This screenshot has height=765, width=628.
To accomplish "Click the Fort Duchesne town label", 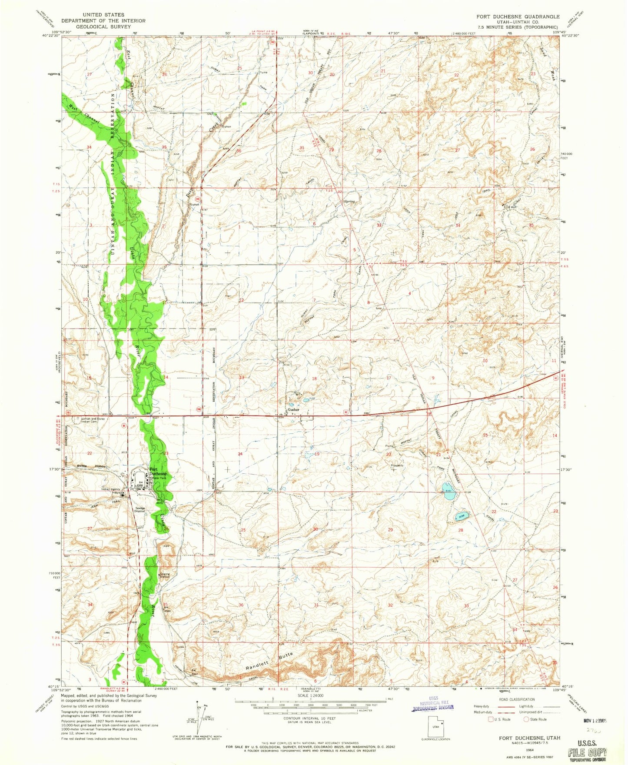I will pyautogui.click(x=158, y=472).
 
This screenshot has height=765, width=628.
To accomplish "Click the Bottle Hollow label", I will pyautogui.click(x=86, y=466).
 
